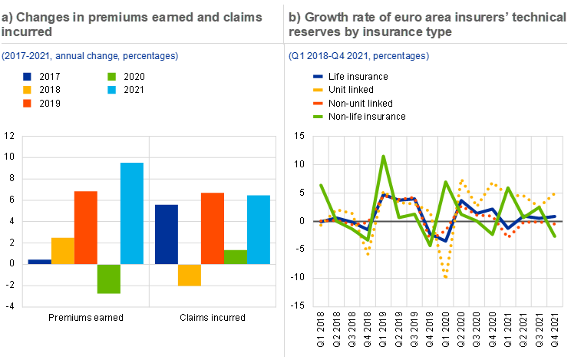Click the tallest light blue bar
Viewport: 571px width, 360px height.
tap(131, 213)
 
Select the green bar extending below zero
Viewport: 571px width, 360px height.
tap(108, 279)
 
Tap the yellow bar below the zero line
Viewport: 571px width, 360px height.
tap(189, 275)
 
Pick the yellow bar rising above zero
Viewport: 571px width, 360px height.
tap(62, 250)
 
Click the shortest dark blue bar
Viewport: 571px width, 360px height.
tap(39, 262)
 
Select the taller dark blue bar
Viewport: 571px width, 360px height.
tap(167, 234)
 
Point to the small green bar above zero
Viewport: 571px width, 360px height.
tap(235, 256)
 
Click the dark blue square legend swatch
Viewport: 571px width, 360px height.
tap(28, 77)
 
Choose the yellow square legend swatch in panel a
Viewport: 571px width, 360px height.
tap(28, 90)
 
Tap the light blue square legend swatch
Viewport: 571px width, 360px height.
tap(112, 90)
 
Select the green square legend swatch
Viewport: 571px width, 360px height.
tap(112, 77)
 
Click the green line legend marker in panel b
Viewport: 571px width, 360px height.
tap(319, 117)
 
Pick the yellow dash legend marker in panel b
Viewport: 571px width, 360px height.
tap(319, 90)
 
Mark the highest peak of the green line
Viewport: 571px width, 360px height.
tap(383, 157)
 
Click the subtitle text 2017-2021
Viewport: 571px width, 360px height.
tap(25, 56)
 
